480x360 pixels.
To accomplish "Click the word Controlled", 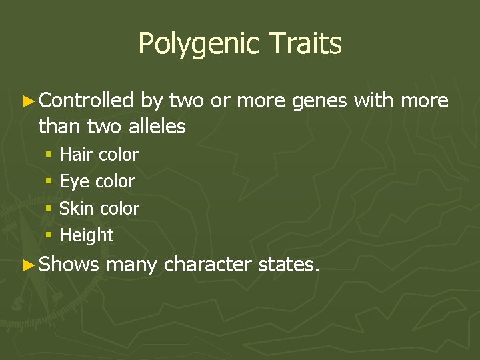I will click(87, 101).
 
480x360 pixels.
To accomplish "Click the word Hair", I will click(76, 155).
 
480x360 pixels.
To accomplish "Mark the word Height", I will click(87, 235).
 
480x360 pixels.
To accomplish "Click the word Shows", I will click(69, 265).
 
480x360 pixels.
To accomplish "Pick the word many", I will click(131, 265).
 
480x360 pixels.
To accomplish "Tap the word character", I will click(207, 265).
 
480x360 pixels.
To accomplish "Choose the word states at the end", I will click(287, 265).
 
